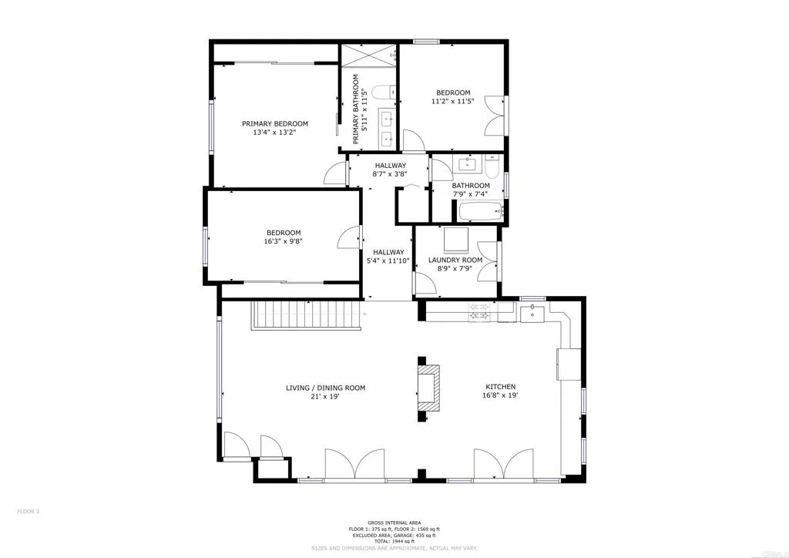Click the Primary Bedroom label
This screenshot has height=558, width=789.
[x=274, y=123]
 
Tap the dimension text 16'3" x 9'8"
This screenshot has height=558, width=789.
[x=284, y=242]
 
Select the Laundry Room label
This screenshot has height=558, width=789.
[x=455, y=260]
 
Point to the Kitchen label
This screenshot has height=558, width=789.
[x=500, y=387]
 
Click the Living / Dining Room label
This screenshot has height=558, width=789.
[x=325, y=388]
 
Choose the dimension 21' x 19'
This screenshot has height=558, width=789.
[x=325, y=397]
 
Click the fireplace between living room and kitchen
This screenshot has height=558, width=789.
[x=430, y=389]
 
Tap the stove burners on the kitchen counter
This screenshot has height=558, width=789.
[x=479, y=311]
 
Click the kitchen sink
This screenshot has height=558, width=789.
[x=532, y=313]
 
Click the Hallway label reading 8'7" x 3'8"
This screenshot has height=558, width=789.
[x=391, y=170]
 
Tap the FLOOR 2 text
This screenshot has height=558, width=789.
[x=28, y=511]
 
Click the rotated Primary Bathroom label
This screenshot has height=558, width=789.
[x=357, y=109]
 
